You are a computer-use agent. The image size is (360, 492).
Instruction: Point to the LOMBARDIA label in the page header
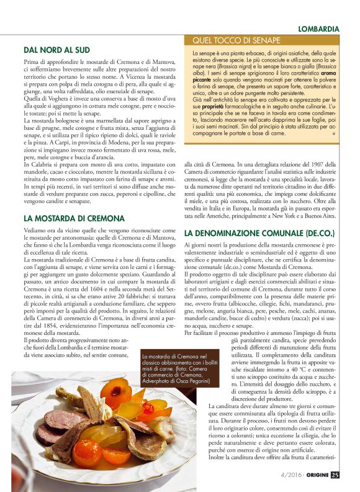tap(318, 29)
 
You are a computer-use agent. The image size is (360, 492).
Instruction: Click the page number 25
tap(335, 475)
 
